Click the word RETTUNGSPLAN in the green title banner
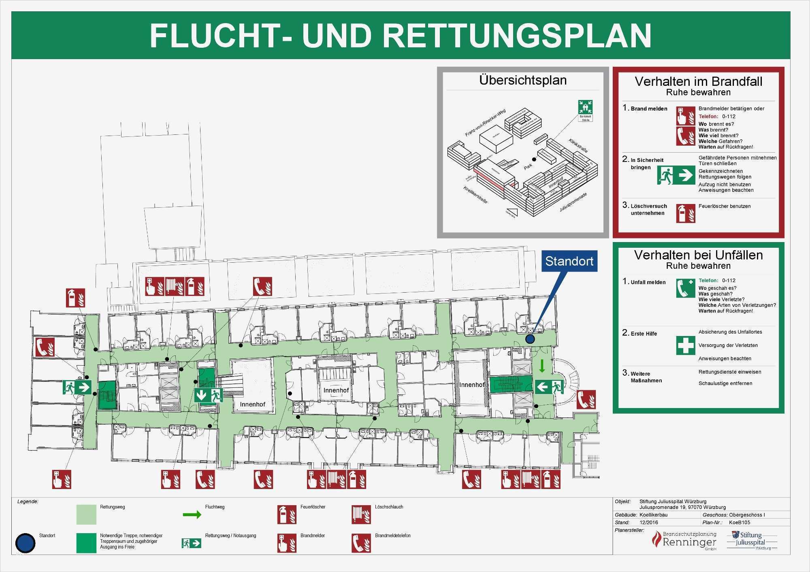click(x=517, y=36)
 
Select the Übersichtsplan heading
click(x=523, y=80)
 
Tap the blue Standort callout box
click(x=569, y=261)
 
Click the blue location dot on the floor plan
click(x=530, y=339)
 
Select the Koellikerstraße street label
click(x=475, y=195)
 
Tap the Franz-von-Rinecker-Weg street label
click(x=485, y=122)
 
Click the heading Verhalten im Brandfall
click(x=698, y=81)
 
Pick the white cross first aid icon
click(x=685, y=345)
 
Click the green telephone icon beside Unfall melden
click(x=685, y=288)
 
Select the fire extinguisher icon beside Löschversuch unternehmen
click(x=685, y=213)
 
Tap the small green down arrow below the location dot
click(x=542, y=366)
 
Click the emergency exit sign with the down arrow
click(x=209, y=395)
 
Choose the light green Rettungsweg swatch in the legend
click(x=86, y=514)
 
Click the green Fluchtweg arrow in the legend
click(x=192, y=515)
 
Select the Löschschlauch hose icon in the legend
click(x=361, y=514)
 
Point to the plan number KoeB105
click(x=740, y=522)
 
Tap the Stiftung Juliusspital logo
click(x=752, y=540)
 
